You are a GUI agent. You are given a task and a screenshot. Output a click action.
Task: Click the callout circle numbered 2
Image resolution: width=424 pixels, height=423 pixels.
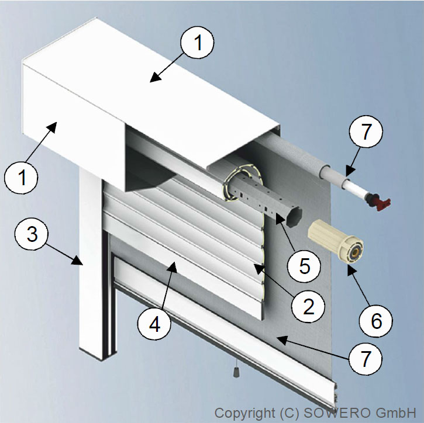click(x=308, y=306)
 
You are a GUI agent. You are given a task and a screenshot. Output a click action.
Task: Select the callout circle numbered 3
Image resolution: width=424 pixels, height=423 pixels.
click(x=32, y=234)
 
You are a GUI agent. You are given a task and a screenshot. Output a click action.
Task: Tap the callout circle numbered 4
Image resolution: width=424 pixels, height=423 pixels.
click(x=154, y=324)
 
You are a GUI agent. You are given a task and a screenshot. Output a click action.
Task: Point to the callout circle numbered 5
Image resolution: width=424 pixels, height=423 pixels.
click(x=304, y=266)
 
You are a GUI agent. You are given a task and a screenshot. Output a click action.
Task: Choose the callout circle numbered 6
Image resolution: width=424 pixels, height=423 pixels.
click(x=376, y=321)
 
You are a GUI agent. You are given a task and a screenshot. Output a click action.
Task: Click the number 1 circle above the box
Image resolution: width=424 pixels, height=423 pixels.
click(x=197, y=42)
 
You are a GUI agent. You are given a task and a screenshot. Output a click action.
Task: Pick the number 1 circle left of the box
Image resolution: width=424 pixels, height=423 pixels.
click(x=21, y=177)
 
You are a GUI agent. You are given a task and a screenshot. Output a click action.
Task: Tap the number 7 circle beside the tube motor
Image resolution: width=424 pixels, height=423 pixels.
click(x=366, y=131)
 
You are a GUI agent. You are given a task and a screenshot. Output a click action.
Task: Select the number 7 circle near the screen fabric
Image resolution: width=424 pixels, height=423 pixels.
click(x=366, y=359)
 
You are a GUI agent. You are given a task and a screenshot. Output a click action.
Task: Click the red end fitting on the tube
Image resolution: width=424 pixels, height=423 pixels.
click(x=378, y=202)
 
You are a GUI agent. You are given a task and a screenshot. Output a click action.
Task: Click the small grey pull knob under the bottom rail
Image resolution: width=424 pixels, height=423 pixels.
click(x=236, y=372)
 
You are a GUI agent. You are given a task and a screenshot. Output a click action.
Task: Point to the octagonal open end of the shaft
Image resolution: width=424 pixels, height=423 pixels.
click(x=294, y=217)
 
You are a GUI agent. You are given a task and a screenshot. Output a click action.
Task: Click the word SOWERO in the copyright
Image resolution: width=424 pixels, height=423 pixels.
click(x=337, y=412)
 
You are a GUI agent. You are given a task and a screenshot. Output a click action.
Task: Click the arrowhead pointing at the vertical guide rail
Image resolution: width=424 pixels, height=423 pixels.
click(x=77, y=260)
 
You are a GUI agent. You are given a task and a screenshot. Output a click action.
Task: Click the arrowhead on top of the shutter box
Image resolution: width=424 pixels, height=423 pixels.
click(x=156, y=77)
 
